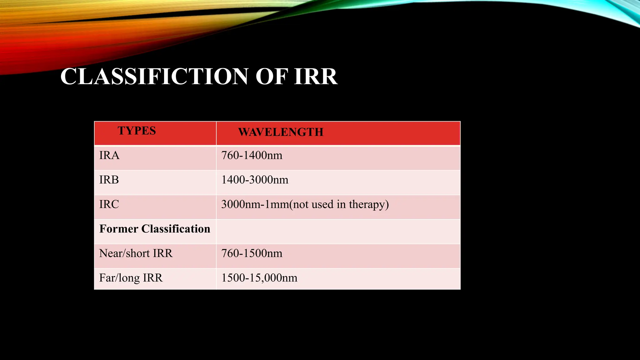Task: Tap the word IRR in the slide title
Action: click(x=316, y=77)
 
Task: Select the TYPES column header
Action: click(x=137, y=131)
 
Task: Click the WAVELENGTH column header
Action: click(x=281, y=132)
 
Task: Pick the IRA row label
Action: click(x=109, y=155)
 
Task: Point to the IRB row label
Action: click(x=109, y=180)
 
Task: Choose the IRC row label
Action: click(x=109, y=204)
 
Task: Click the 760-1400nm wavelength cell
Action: click(x=252, y=155)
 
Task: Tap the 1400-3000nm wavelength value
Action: click(x=255, y=180)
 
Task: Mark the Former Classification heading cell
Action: click(x=155, y=229)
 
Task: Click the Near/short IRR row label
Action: click(x=136, y=253)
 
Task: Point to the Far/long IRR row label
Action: click(x=131, y=278)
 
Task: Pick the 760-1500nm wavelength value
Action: click(x=252, y=253)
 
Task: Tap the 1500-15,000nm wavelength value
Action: click(x=259, y=278)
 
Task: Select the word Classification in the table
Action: click(x=176, y=229)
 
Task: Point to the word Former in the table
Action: click(x=119, y=229)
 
